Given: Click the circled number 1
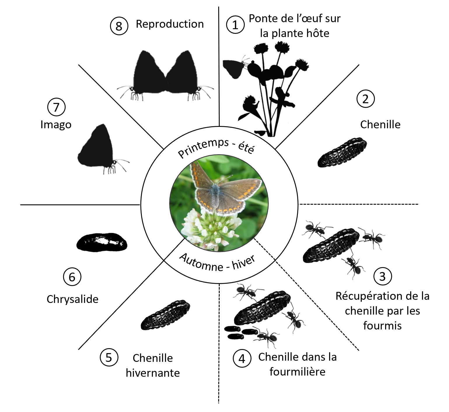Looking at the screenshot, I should tap(235, 25).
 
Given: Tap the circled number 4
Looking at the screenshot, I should tap(242, 359).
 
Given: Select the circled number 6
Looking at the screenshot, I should tap(72, 277).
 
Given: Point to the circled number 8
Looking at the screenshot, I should tap(119, 26).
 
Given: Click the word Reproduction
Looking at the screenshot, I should tap(170, 24).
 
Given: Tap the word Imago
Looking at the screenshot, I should tap(56, 125).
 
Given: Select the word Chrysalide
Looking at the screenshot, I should tap(72, 299).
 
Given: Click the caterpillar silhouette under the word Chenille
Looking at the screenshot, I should tap(342, 152).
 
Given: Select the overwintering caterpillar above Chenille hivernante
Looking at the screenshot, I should tap(165, 315).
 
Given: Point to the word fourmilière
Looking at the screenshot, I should tap(297, 372).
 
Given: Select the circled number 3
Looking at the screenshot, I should tap(382, 276).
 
